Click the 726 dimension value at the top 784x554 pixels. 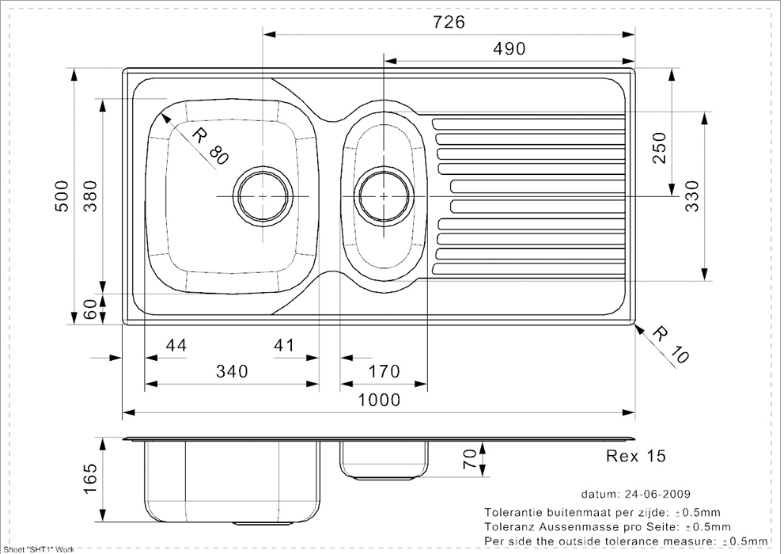(x=449, y=22)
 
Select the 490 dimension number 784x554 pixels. (x=509, y=48)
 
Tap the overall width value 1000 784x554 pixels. (x=380, y=400)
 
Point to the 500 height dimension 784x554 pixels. (x=62, y=196)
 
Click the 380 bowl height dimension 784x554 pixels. (x=90, y=196)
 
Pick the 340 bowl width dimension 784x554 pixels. (x=232, y=371)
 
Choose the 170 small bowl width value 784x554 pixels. (x=384, y=371)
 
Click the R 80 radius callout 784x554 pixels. (x=210, y=146)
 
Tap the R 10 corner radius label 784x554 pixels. (x=672, y=344)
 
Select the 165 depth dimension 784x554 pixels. (x=90, y=479)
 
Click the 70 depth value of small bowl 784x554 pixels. (x=470, y=458)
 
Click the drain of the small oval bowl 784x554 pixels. (x=384, y=196)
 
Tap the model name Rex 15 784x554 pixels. (x=636, y=456)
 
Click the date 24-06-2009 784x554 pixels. (x=657, y=494)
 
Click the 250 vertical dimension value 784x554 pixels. (x=660, y=147)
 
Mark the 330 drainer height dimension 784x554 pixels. (x=692, y=196)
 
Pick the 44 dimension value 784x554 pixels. (x=176, y=345)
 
